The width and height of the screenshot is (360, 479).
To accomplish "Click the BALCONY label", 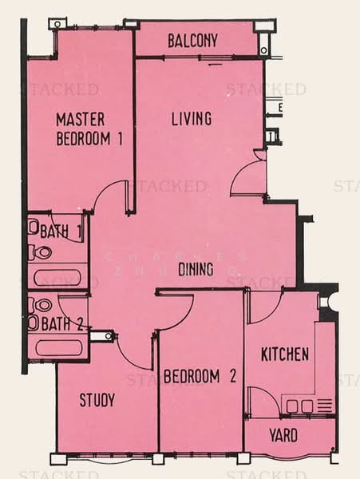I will [x=192, y=41].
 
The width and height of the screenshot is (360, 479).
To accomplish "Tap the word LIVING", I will [x=192, y=119].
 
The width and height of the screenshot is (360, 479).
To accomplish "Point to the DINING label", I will [x=195, y=270].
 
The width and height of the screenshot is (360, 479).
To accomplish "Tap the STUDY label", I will [x=97, y=399].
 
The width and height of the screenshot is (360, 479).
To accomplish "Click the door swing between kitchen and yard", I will [x=264, y=402].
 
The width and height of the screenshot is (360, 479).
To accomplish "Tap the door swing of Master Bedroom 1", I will [x=112, y=196].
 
